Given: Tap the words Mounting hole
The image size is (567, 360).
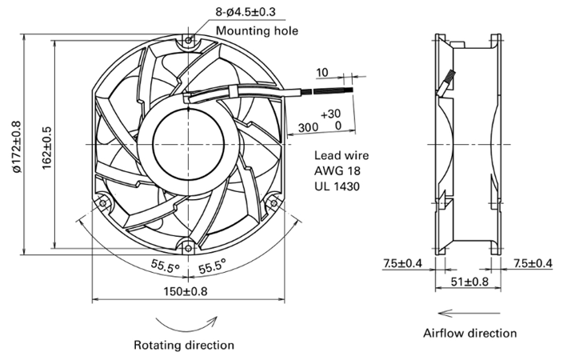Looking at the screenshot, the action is click(x=257, y=30).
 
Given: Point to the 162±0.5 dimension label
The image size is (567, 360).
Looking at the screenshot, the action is click(x=47, y=148).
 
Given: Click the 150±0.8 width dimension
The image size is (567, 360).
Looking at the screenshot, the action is click(x=186, y=291).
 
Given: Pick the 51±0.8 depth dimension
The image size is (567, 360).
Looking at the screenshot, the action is click(x=469, y=281).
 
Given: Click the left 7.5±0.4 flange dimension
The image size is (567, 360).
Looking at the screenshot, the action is click(x=402, y=263).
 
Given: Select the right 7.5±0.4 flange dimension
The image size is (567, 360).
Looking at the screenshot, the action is click(x=533, y=263).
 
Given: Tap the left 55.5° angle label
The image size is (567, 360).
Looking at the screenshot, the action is click(x=166, y=266).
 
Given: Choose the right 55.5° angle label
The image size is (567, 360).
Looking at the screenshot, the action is click(x=212, y=266).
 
